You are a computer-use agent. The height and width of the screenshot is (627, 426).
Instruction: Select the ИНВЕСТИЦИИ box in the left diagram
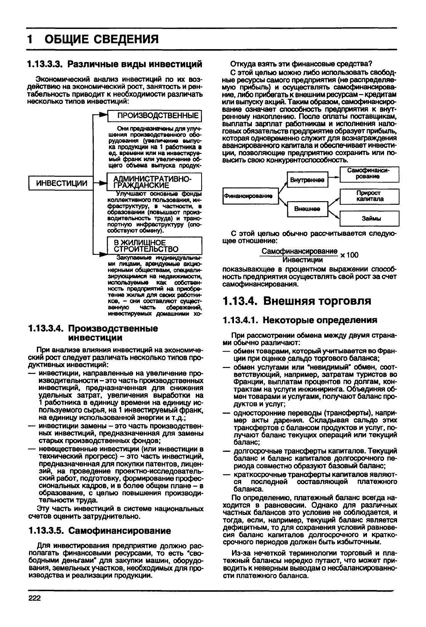61,184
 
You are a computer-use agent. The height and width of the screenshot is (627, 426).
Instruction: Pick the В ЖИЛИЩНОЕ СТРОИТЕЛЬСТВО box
154,246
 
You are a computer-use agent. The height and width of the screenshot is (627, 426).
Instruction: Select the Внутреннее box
307,179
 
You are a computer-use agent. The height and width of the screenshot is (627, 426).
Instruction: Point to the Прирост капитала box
370,196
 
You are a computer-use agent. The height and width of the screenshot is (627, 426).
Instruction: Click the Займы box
370,218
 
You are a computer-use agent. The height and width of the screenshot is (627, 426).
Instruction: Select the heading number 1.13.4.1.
240,320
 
